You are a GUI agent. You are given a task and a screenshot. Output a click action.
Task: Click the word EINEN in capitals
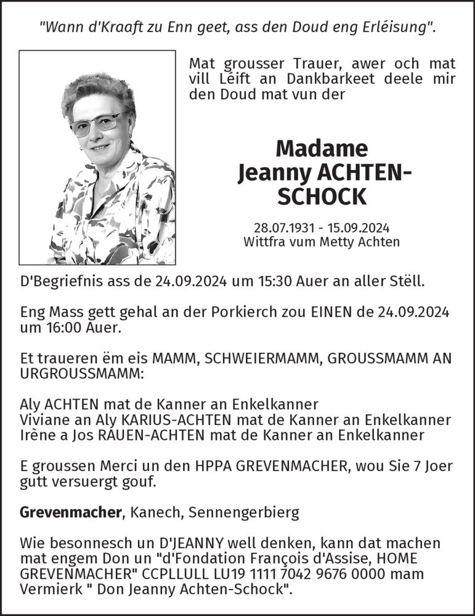tap(317, 312)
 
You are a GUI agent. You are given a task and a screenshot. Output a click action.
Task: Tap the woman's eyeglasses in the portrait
tap(95, 122)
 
